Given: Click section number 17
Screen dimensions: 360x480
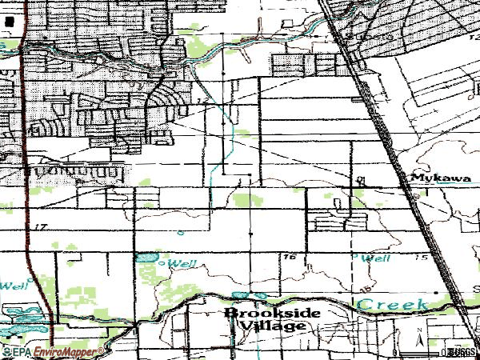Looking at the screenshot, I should click(x=42, y=228).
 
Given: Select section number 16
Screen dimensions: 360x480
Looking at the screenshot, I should click(x=289, y=257).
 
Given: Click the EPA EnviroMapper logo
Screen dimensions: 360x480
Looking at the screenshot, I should click(x=51, y=351).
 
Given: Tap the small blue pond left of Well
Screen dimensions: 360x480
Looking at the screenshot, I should click(x=146, y=258).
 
